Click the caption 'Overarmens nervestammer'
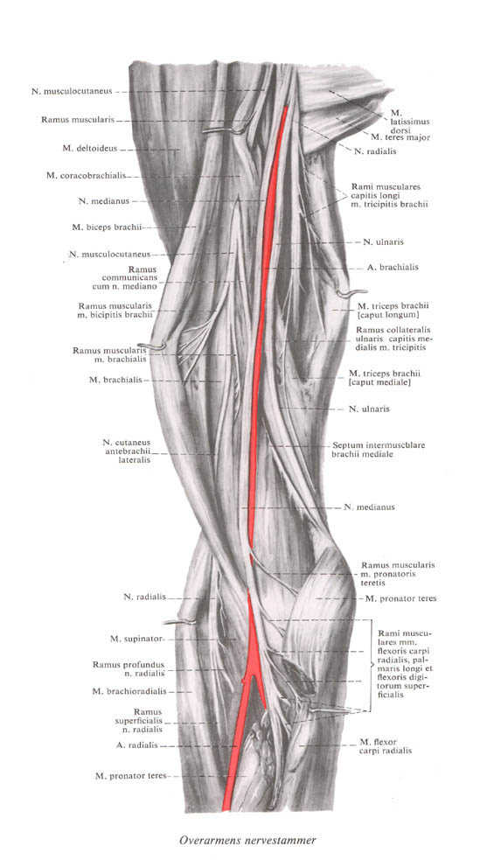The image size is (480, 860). (247, 840)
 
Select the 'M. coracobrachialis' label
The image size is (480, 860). (87, 176)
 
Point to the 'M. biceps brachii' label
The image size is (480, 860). (108, 227)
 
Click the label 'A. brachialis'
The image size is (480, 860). (392, 267)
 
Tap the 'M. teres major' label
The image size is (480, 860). (400, 137)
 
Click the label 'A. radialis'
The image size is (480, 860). (137, 745)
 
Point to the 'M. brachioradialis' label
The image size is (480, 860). (129, 692)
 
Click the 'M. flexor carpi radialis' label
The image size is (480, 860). (386, 746)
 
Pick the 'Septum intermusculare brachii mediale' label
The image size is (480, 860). (378, 450)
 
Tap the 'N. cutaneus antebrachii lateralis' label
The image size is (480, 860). (127, 451)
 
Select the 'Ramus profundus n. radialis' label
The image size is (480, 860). (129, 668)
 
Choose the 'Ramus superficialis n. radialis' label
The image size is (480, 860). (139, 720)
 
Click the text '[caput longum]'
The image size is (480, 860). (388, 315)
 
